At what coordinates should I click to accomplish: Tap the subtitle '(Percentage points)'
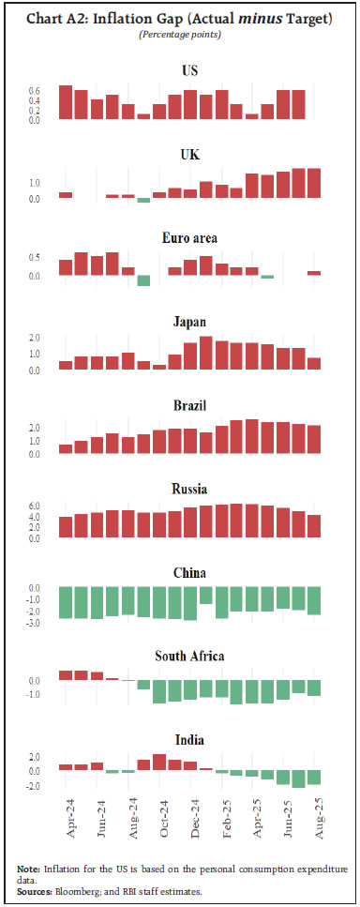(179, 35)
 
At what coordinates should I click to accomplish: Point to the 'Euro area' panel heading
(189, 238)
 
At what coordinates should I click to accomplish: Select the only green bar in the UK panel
(143, 200)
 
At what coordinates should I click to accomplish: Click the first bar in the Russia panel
(66, 527)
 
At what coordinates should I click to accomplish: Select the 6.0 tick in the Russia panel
(35, 506)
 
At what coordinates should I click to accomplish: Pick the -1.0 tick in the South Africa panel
(35, 695)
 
